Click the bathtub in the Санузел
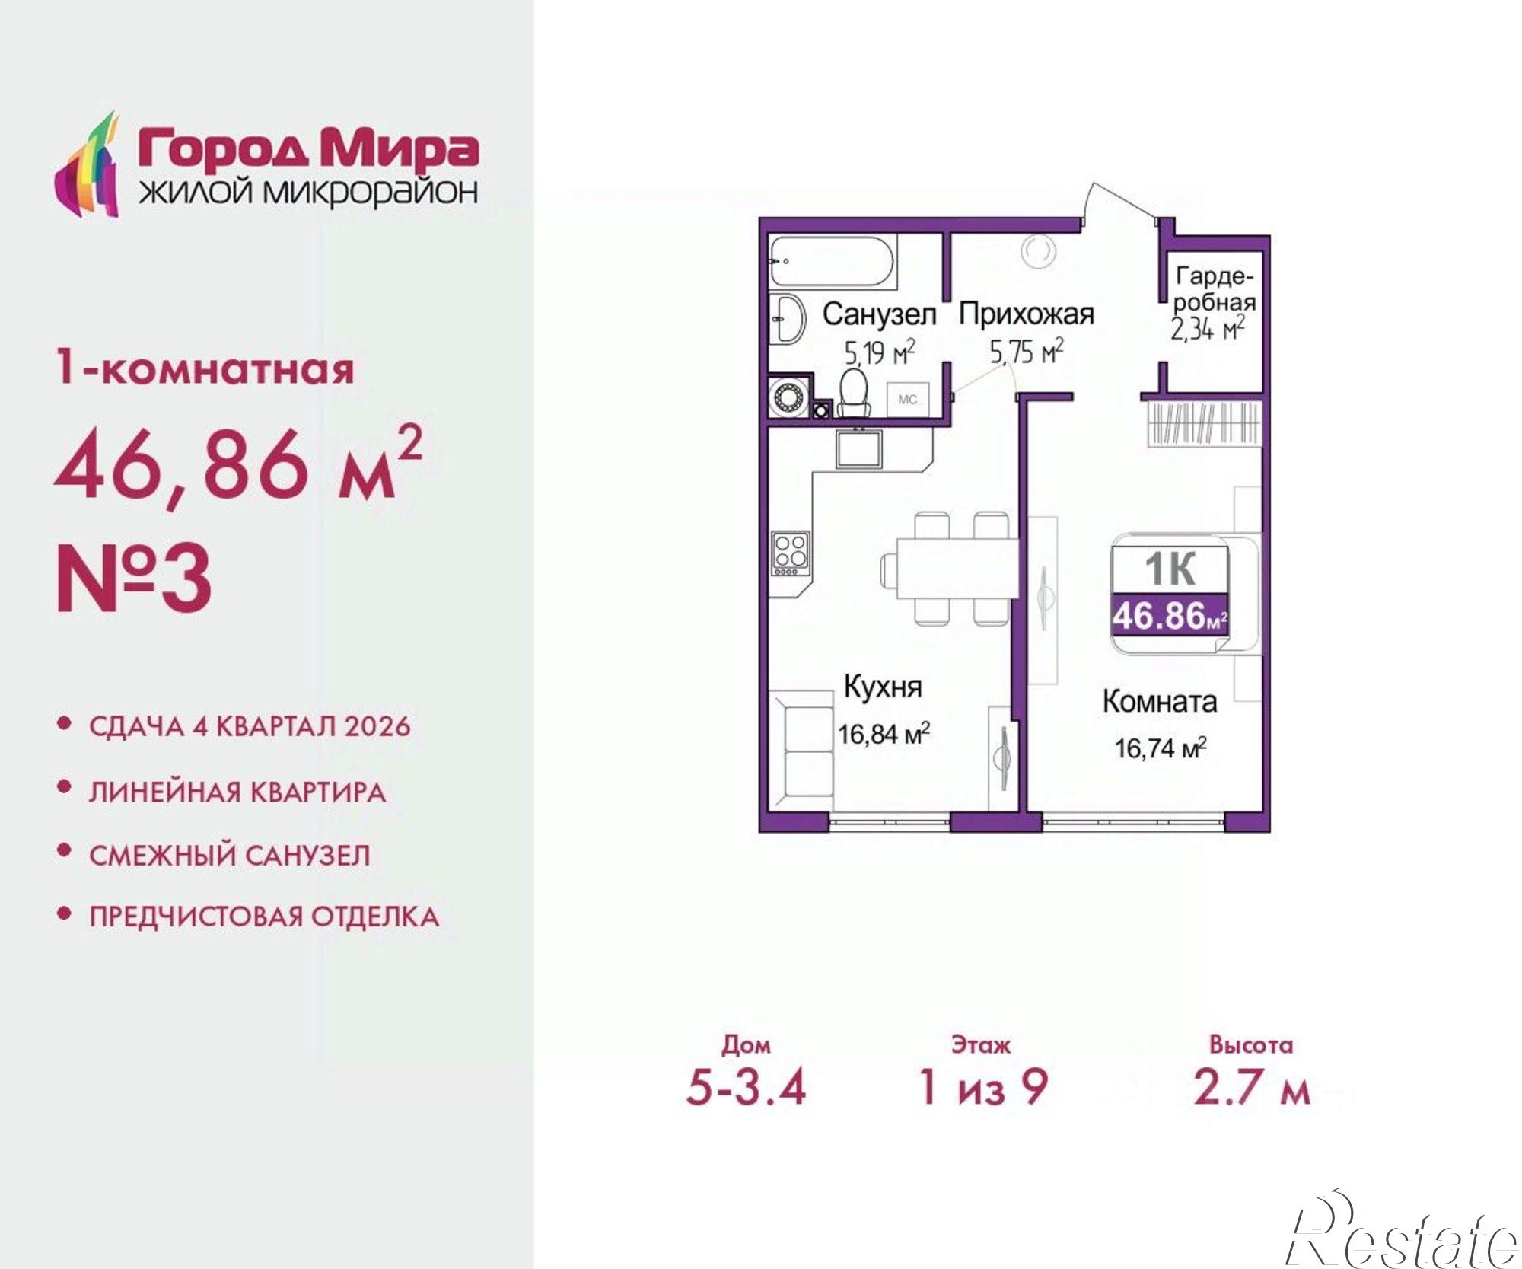[x=832, y=262]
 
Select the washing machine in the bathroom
[x=786, y=397]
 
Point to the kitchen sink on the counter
[x=858, y=448]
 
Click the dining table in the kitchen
[x=957, y=568]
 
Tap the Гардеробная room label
[x=1213, y=289]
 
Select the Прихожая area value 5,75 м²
[x=1026, y=352]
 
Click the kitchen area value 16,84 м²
[x=884, y=734]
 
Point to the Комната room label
[x=1159, y=701]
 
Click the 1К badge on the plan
[x=1170, y=569]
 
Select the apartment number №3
[x=134, y=578]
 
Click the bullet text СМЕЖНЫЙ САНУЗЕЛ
[x=229, y=855]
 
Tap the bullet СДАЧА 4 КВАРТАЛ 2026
[x=250, y=726]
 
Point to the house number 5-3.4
[x=745, y=1086]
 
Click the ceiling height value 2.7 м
[x=1251, y=1086]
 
